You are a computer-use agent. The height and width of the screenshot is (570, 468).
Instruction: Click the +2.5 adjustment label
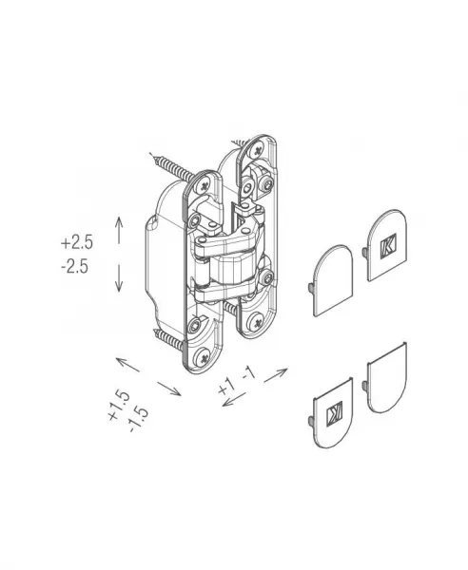click(x=77, y=242)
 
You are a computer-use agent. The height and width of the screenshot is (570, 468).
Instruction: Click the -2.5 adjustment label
click(x=75, y=267)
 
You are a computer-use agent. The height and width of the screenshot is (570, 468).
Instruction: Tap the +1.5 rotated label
click(x=119, y=406)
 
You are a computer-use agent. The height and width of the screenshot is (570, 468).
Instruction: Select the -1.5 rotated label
click(x=139, y=420)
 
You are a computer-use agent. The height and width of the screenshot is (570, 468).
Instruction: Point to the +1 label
click(x=226, y=386)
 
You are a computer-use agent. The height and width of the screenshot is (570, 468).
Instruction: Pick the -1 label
click(x=249, y=373)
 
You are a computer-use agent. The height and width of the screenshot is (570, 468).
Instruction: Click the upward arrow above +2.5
click(x=119, y=230)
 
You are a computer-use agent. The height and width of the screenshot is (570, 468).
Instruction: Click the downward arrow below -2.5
click(x=118, y=278)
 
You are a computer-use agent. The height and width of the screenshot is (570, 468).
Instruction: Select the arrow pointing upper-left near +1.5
click(x=127, y=365)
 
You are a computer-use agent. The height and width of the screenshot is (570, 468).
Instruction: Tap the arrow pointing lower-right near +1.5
click(x=169, y=389)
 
